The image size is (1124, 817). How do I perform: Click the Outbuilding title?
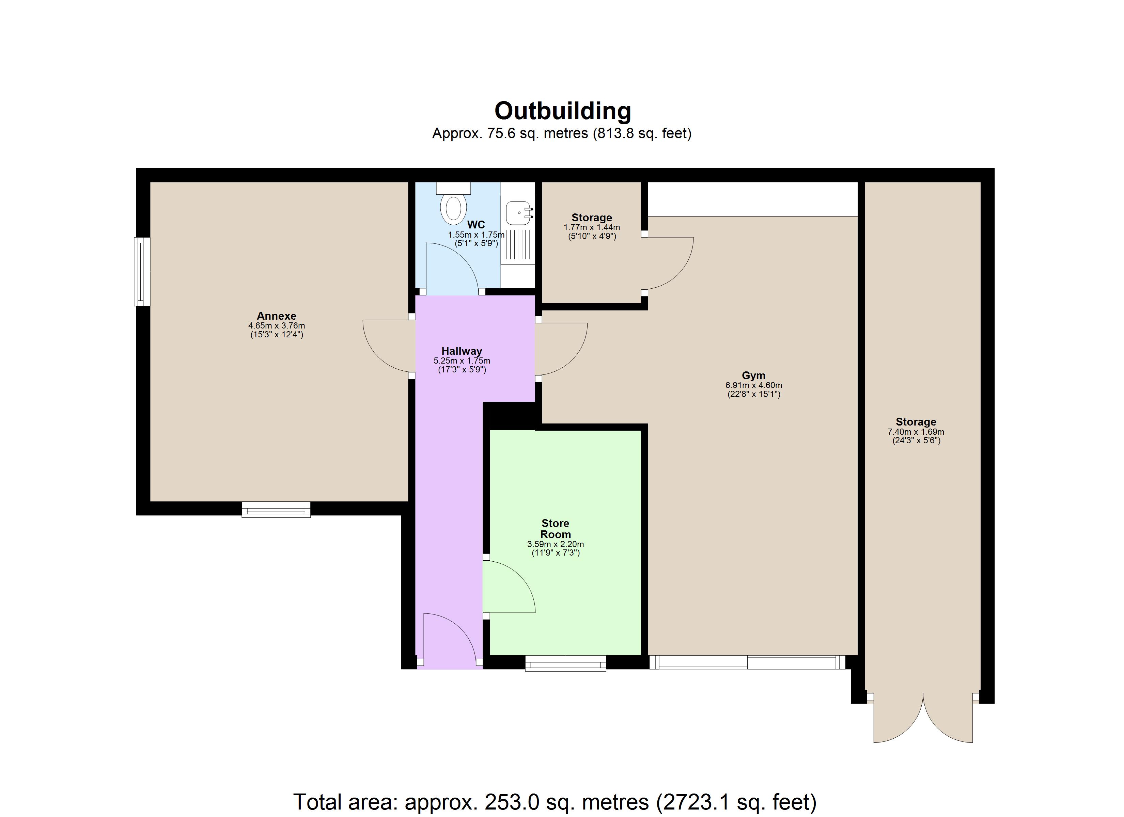(x=562, y=111)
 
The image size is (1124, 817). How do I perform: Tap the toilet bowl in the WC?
(x=453, y=209)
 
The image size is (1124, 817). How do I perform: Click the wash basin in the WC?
(x=517, y=213)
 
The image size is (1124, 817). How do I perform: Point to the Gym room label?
(x=753, y=375)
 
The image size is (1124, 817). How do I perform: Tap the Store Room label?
(x=555, y=529)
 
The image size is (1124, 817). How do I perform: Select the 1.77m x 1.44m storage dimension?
(x=592, y=227)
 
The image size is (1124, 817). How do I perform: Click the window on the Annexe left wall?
(x=142, y=272)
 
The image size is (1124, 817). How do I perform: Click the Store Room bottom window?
(x=565, y=663)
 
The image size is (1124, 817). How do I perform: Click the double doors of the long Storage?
(x=923, y=721)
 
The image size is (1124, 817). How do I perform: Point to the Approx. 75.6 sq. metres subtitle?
(x=562, y=134)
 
